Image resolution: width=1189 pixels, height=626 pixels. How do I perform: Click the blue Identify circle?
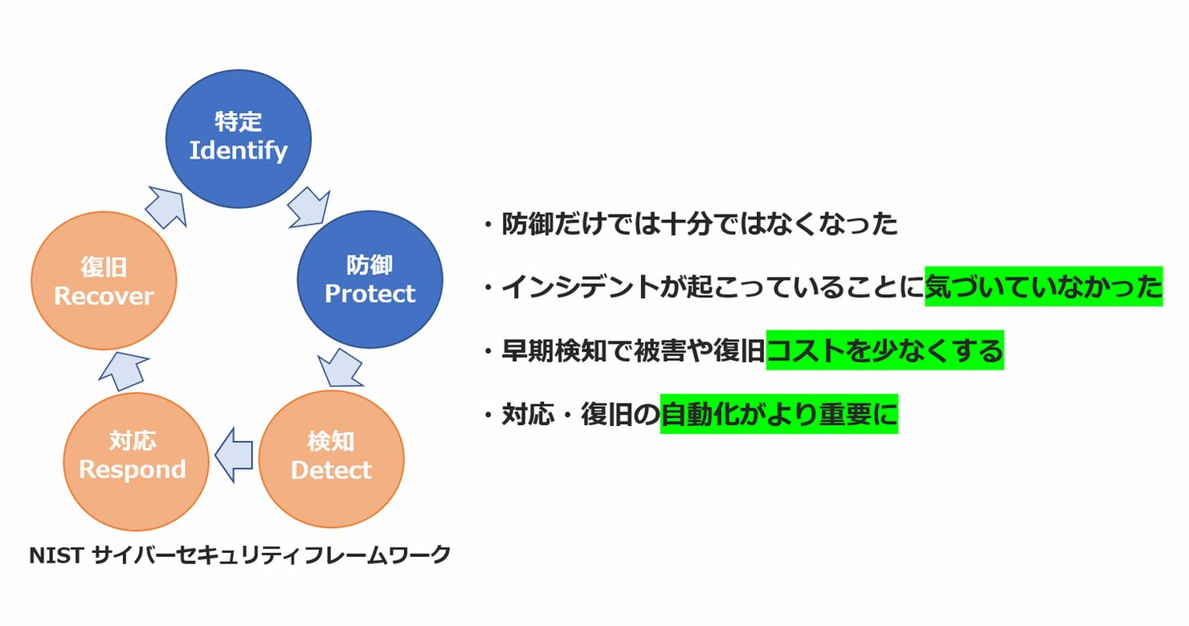tap(239, 138)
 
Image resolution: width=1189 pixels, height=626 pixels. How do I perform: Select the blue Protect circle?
tap(370, 280)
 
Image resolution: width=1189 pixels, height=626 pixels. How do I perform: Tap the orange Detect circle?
tap(331, 460)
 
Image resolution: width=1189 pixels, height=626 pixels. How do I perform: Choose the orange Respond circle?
tap(136, 461)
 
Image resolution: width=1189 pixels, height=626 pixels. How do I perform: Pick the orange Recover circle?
tap(104, 281)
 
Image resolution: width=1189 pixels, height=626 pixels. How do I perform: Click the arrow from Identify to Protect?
tap(309, 207)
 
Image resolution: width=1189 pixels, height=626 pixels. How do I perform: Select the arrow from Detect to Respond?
tap(234, 455)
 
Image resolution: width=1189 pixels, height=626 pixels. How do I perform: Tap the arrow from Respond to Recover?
tap(124, 370)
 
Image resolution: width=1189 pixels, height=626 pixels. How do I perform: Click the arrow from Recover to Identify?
tap(166, 207)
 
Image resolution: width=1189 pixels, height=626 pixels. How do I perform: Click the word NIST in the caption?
tap(56, 556)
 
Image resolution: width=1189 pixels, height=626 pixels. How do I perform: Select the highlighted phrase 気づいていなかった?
tap(1044, 286)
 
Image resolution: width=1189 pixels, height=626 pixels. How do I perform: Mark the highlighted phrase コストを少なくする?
tap(885, 350)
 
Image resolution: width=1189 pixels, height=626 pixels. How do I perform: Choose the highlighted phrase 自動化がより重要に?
tap(779, 414)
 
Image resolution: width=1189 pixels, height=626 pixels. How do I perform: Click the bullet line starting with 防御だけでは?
tap(690, 223)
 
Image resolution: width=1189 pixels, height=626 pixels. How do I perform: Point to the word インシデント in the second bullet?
tap(581, 287)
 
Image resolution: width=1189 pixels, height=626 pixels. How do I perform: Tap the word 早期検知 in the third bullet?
tap(554, 350)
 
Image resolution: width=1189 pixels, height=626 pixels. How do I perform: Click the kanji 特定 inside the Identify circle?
tap(239, 121)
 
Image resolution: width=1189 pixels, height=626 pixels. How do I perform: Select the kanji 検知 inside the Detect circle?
tap(331, 442)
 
